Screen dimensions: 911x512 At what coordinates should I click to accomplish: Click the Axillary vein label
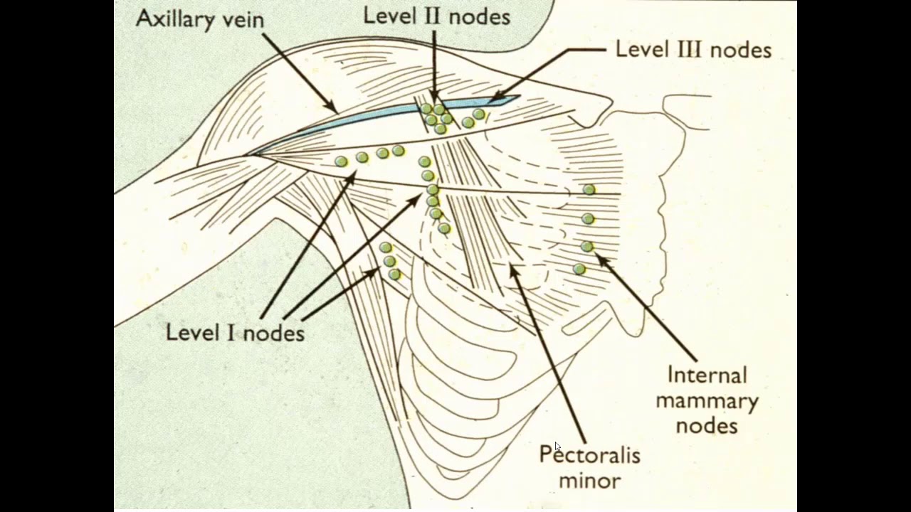tap(200, 19)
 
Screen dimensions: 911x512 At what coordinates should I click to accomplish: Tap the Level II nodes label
tap(436, 17)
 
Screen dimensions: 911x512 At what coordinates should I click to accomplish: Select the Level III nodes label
tap(693, 50)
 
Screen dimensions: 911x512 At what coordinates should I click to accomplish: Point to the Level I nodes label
tap(235, 333)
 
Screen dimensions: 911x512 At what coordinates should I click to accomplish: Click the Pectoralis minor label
tap(590, 467)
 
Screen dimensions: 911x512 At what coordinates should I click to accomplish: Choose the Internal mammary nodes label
tap(707, 400)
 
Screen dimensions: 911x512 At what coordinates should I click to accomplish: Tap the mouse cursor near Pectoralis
tap(557, 446)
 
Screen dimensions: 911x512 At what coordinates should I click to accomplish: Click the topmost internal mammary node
tap(589, 189)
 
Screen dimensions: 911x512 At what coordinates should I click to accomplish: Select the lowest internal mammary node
tap(579, 269)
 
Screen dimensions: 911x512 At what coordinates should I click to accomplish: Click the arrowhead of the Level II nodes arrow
tap(434, 99)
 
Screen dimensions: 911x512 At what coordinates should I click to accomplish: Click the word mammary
tap(707, 402)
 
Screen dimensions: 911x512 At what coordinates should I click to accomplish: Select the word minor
tap(590, 481)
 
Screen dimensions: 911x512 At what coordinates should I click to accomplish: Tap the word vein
tap(244, 20)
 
